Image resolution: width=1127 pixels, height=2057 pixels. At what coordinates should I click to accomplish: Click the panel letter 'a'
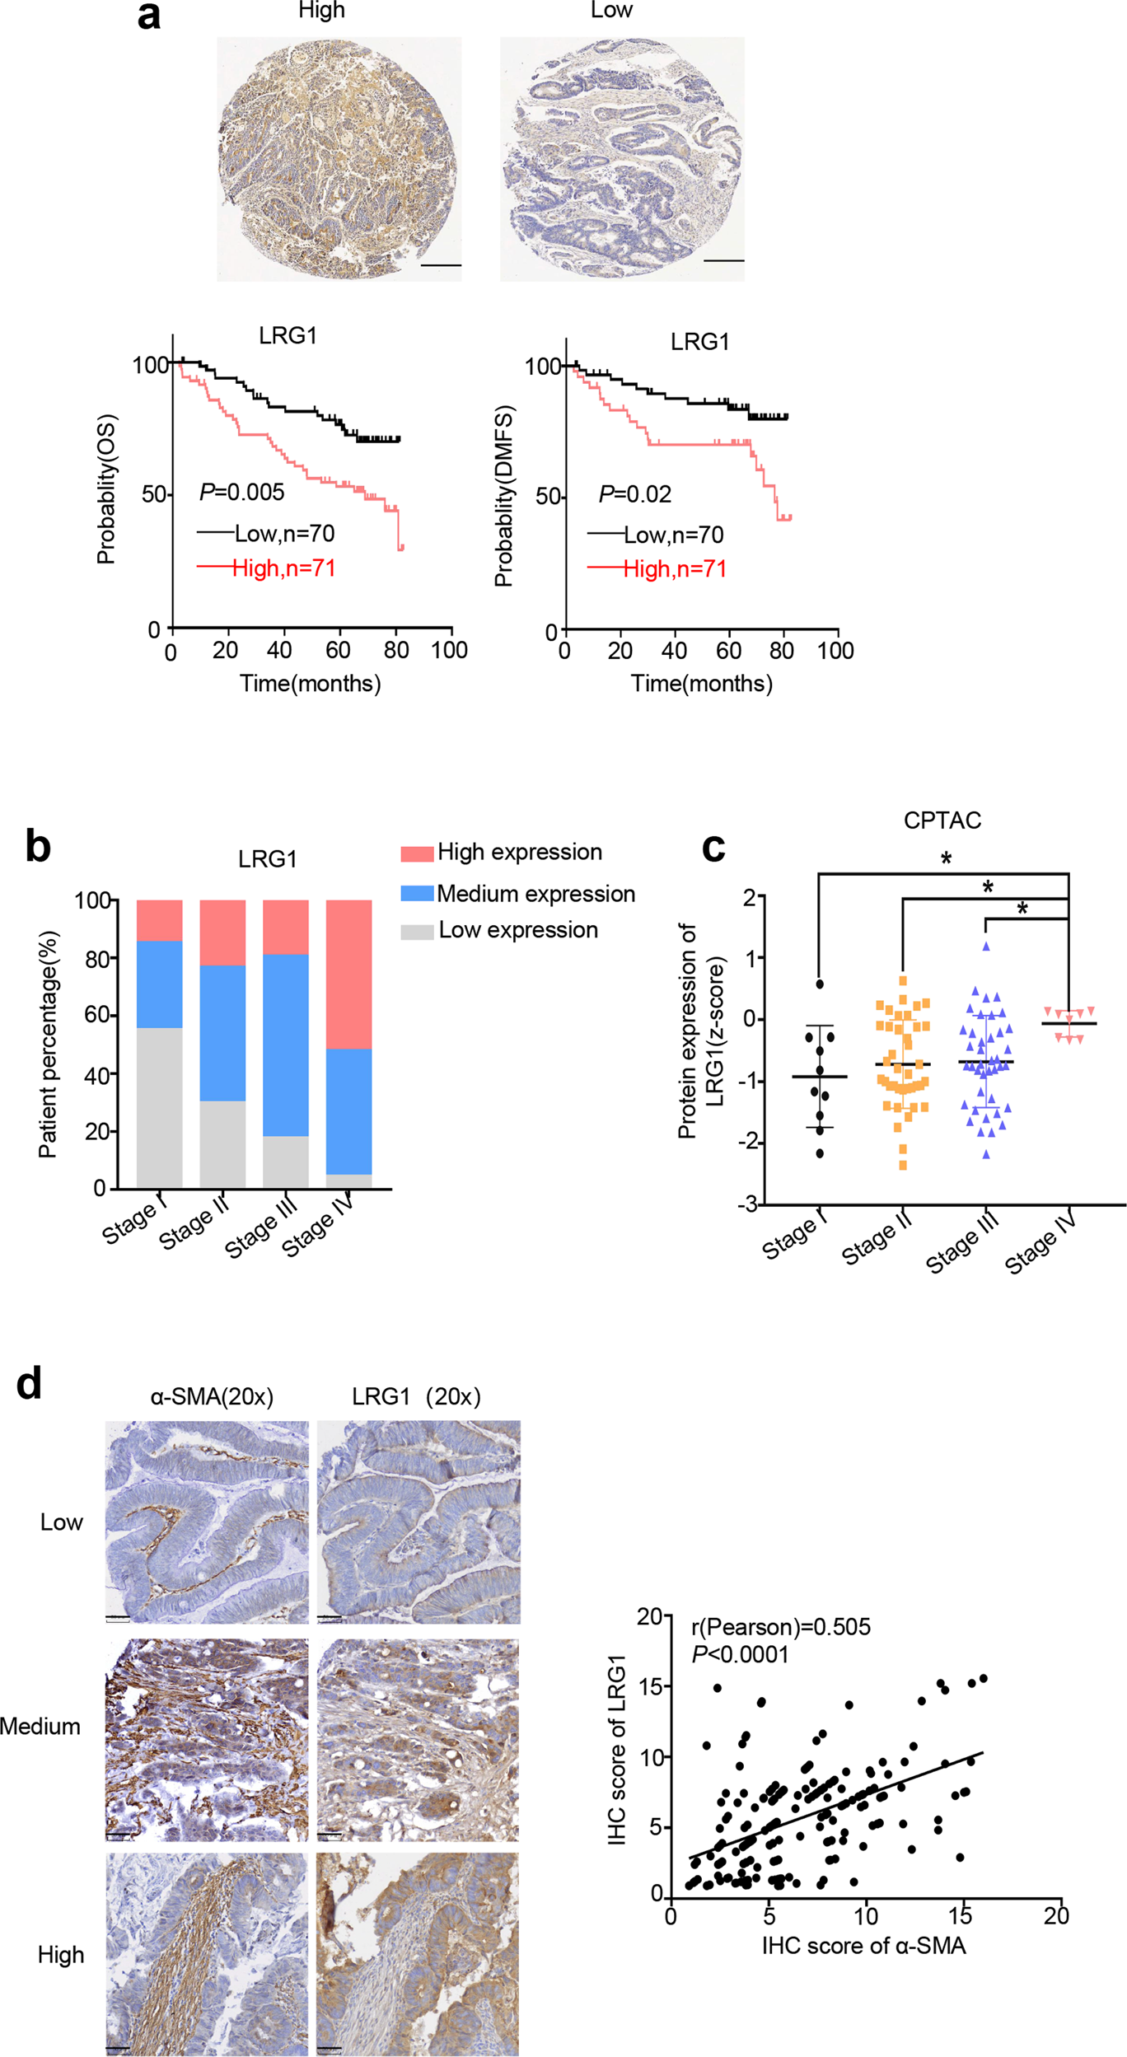point(148,16)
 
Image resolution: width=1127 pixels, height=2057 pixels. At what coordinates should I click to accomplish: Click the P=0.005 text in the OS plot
point(241,492)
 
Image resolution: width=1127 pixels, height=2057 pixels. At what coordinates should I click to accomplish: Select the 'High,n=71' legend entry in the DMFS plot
point(674,568)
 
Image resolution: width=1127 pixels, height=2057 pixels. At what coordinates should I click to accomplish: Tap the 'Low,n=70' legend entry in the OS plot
point(284,534)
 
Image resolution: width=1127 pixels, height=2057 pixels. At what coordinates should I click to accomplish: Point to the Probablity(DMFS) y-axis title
point(503,495)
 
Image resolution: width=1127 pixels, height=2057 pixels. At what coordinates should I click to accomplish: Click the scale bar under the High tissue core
point(441,265)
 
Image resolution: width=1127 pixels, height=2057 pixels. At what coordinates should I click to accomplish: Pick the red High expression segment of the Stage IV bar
point(348,974)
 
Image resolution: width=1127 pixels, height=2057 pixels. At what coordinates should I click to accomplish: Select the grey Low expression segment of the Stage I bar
point(159,1107)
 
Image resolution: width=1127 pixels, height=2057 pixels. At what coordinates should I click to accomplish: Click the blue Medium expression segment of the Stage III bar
point(285,1045)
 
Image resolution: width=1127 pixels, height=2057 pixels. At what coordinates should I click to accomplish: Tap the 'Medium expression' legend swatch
point(417,893)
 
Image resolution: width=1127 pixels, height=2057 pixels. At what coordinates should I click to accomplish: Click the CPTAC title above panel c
point(942,820)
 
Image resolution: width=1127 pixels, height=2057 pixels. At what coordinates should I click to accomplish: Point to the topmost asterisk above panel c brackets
point(946,860)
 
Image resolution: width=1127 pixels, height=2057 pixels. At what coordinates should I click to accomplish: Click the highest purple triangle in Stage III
point(985,947)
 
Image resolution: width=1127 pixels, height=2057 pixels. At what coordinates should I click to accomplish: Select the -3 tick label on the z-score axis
point(746,1204)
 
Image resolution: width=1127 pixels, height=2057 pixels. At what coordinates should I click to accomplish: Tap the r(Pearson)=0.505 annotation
point(780,1627)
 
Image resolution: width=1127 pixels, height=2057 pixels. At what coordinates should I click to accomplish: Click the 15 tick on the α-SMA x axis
point(960,1915)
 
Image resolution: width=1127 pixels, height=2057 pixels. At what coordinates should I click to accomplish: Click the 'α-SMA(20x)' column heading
point(212,1396)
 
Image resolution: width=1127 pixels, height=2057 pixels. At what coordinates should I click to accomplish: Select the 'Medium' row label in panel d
point(40,1726)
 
